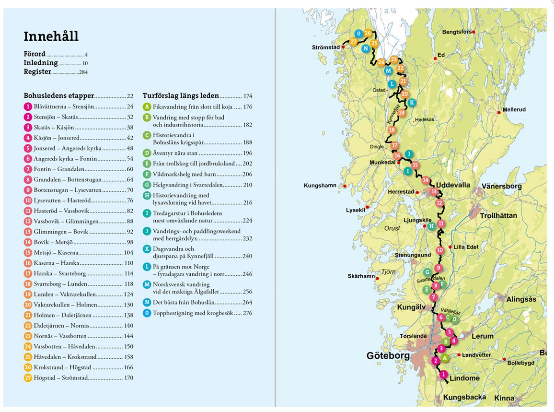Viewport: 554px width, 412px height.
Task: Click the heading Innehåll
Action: point(51,36)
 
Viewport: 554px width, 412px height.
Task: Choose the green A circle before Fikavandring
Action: point(147,107)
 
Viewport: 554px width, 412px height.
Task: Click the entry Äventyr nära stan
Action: point(174,153)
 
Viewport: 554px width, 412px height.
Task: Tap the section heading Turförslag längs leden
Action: point(181,95)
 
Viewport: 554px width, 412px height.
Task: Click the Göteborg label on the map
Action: point(388,356)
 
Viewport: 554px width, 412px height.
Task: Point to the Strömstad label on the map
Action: point(325,47)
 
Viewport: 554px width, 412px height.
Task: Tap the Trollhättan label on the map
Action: point(499,216)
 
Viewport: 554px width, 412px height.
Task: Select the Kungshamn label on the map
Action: point(320,185)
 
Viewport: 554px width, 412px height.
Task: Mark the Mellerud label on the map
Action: point(514,110)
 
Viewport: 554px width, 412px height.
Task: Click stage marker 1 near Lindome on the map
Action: point(443,375)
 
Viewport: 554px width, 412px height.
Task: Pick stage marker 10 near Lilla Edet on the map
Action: point(440,250)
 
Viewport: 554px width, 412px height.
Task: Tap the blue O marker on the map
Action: point(358,34)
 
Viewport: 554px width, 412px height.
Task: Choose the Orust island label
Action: point(392,228)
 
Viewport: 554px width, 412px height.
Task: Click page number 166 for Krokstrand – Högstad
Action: point(128,367)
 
